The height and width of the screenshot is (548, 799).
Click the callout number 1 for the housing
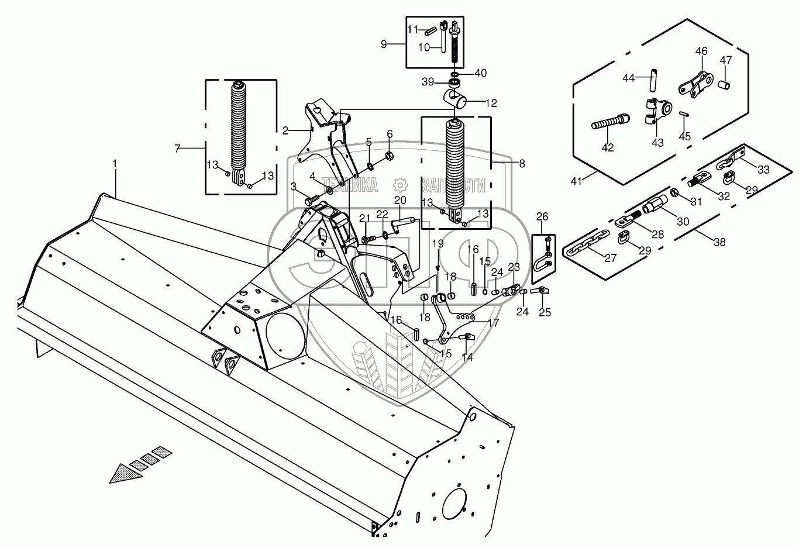click(x=115, y=166)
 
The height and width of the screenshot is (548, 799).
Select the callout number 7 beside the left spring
click(x=177, y=149)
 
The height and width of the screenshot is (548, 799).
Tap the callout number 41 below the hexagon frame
click(x=577, y=181)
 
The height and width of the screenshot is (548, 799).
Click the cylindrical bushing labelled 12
click(x=456, y=99)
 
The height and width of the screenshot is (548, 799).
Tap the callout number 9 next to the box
click(x=384, y=44)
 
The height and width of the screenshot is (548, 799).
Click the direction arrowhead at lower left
click(x=124, y=472)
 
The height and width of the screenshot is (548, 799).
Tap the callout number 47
click(x=725, y=60)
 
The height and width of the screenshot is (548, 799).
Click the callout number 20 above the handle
click(x=400, y=201)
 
